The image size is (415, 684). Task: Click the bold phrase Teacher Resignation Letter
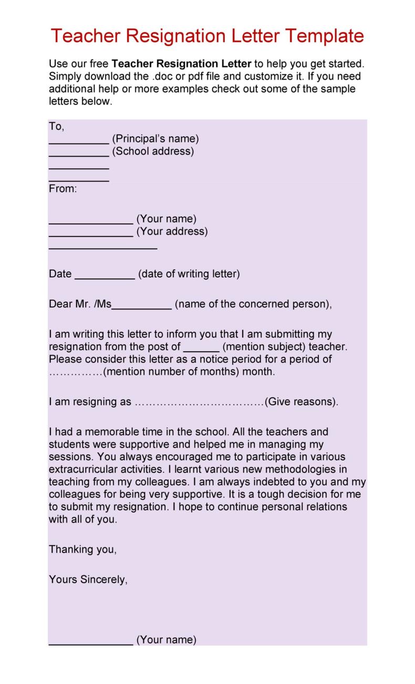pos(182,64)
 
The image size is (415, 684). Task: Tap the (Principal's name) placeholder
pos(155,139)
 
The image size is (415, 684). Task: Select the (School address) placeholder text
pos(153,152)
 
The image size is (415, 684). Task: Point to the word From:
pos(63,188)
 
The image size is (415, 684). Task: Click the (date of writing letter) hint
pos(189,274)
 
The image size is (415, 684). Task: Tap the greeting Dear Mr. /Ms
pos(80,304)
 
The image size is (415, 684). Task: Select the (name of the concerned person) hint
pos(253,304)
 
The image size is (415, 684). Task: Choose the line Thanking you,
pos(82,549)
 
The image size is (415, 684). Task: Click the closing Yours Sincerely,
pos(88,580)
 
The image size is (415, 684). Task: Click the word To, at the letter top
pos(56,127)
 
